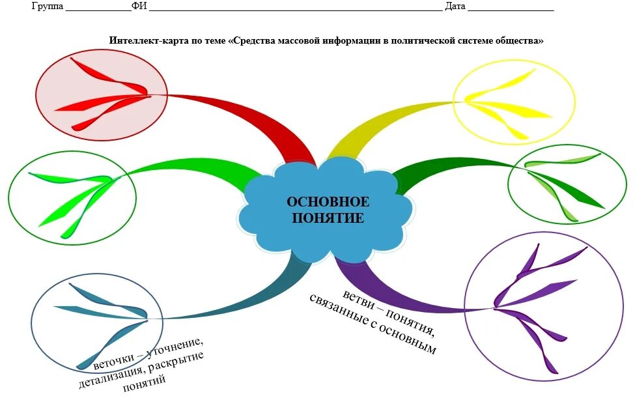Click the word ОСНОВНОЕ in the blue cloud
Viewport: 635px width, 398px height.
tap(328, 202)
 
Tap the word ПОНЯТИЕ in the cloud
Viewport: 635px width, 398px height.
tap(328, 218)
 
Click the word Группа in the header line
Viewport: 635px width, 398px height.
tap(47, 7)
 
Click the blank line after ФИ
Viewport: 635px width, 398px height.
tap(293, 8)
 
